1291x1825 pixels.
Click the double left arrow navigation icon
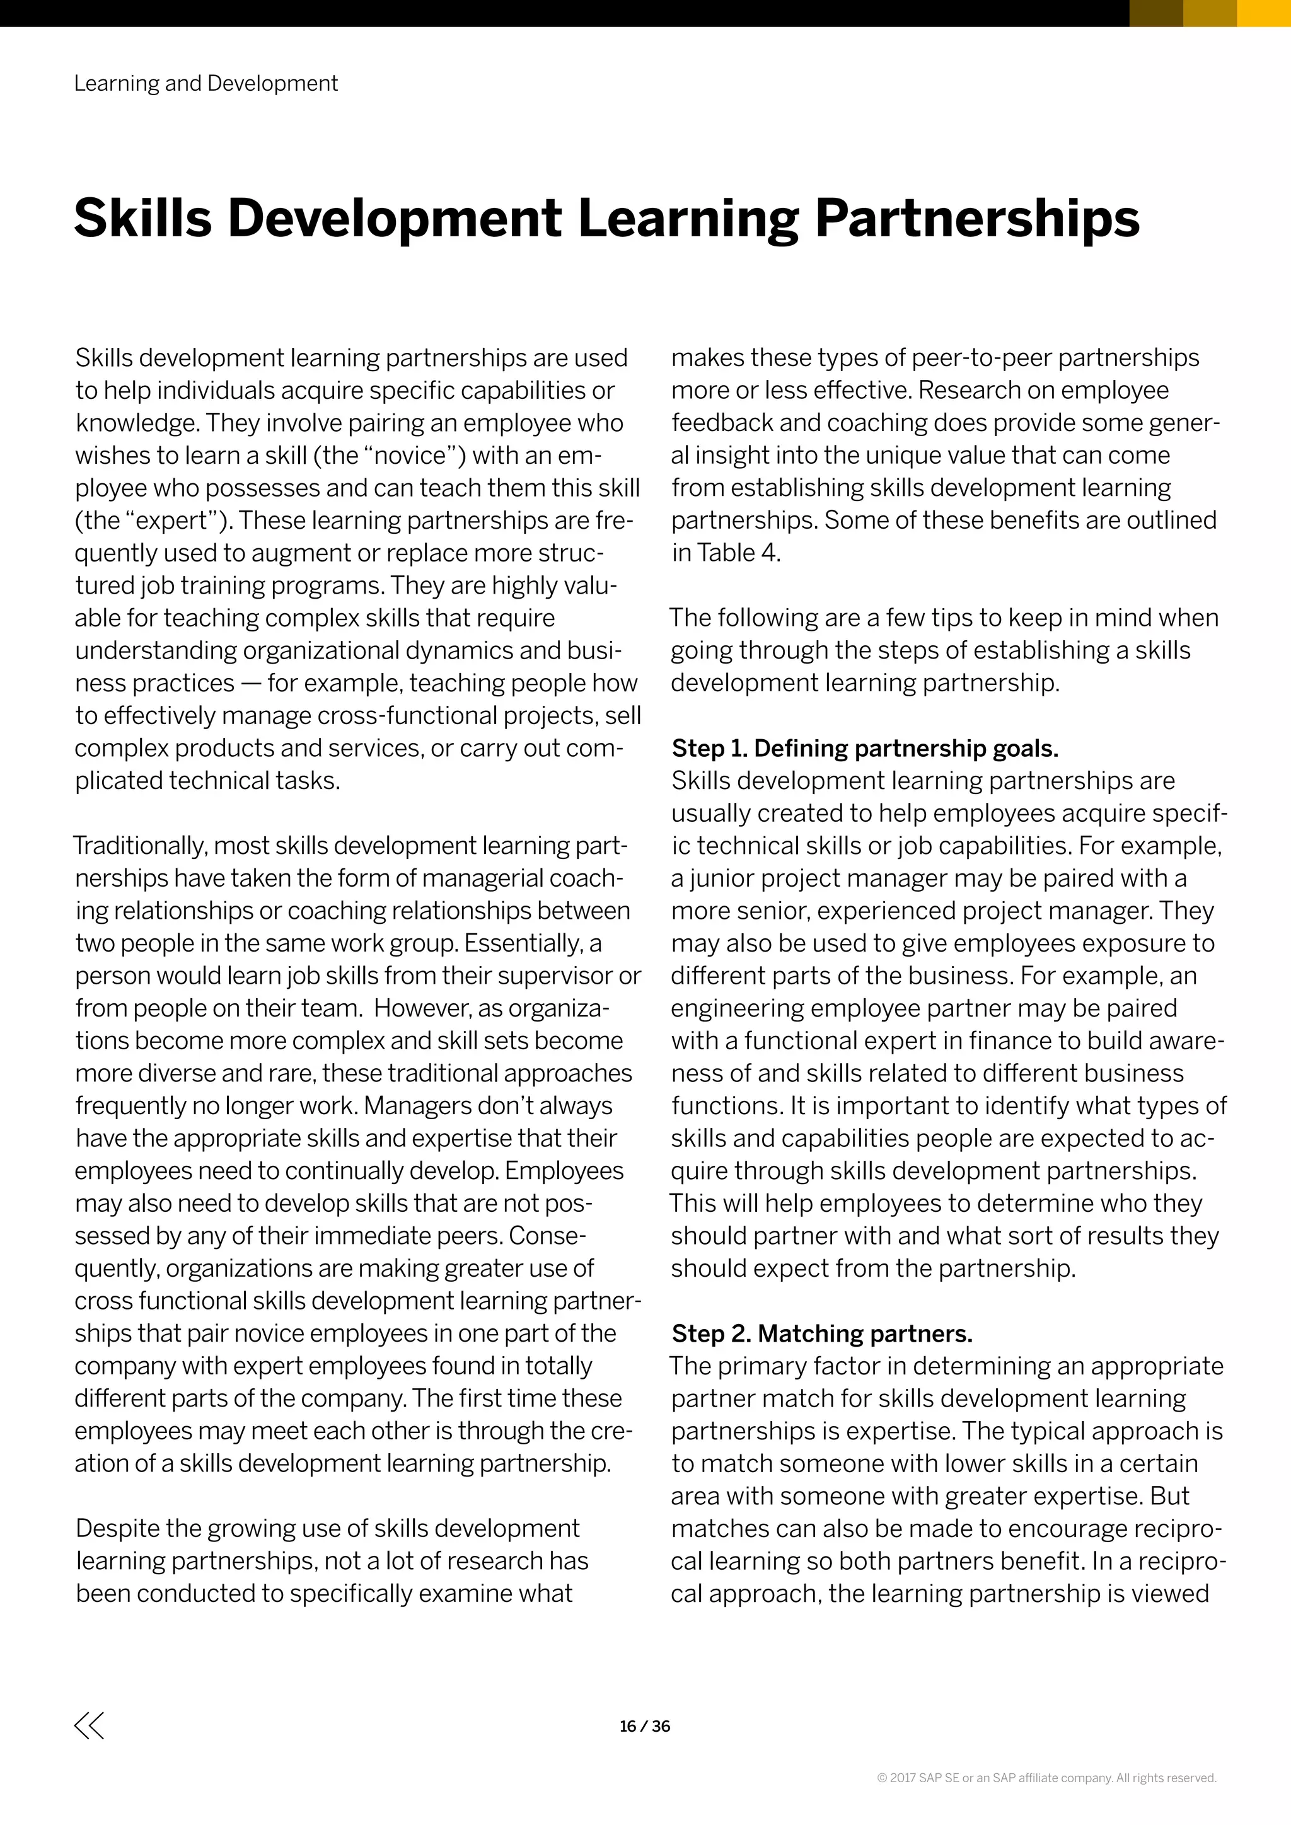[x=89, y=1725]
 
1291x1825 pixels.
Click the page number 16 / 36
[x=645, y=1725]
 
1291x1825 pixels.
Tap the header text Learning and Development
[x=206, y=83]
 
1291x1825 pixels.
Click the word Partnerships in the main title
[x=977, y=219]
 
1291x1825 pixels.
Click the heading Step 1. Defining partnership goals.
[x=865, y=748]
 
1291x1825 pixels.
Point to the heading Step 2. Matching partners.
[x=822, y=1333]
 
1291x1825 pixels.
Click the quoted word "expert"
[x=174, y=521]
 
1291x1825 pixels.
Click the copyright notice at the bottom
[x=1046, y=1777]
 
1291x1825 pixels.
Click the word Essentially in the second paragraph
[x=524, y=943]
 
